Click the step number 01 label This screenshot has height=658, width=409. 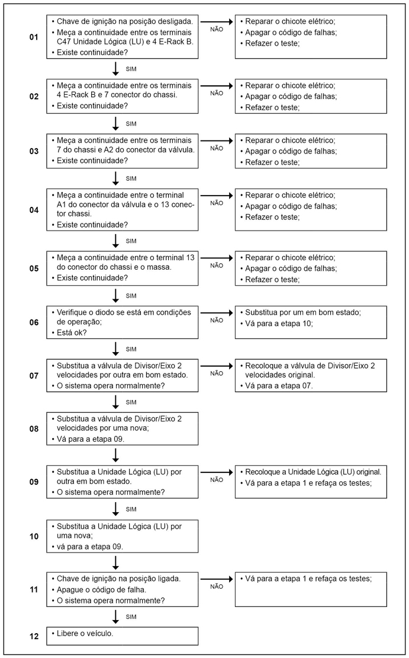[x=34, y=37]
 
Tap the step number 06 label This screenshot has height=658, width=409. [x=34, y=322]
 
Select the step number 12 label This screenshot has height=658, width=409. [x=34, y=636]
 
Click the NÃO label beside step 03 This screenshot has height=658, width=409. [x=217, y=148]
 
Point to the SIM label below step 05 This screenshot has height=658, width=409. [x=131, y=295]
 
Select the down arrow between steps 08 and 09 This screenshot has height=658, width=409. [x=116, y=455]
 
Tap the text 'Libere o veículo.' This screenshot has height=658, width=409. [x=85, y=633]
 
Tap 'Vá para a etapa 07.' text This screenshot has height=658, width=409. [x=275, y=386]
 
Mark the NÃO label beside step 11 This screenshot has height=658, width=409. [x=217, y=587]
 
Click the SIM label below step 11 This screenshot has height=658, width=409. [x=131, y=617]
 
